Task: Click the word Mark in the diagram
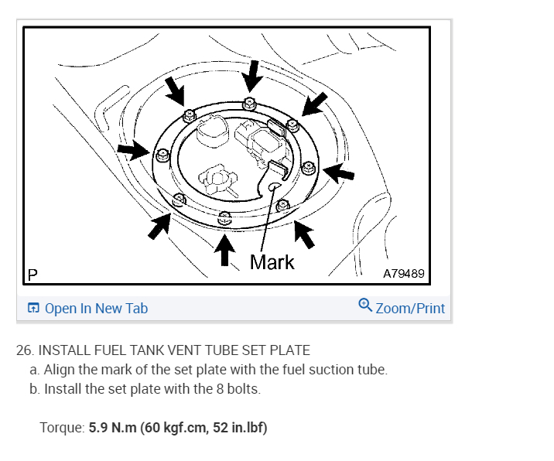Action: pos(272,262)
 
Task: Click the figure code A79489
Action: pos(403,275)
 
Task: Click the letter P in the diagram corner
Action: pos(33,275)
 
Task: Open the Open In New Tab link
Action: pos(96,309)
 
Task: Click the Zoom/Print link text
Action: pos(410,309)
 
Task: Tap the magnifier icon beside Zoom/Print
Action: pos(365,306)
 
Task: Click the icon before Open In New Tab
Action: pos(33,309)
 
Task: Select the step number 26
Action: pos(25,350)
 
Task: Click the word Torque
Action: pos(61,428)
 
